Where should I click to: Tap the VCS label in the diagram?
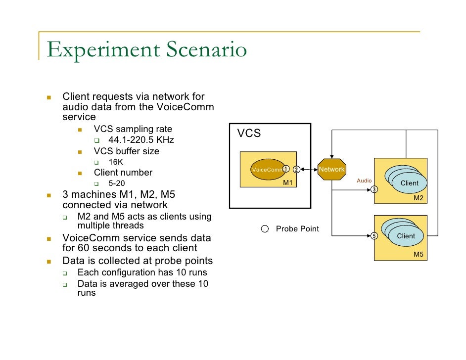[x=249, y=134]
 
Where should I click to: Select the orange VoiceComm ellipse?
[x=268, y=170]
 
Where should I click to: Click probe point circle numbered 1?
[x=286, y=169]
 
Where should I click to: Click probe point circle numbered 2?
[x=296, y=170]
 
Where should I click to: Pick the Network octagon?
[x=331, y=169]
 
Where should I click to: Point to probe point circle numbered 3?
[x=374, y=189]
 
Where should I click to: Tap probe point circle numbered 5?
[x=374, y=236]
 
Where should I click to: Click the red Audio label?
[x=364, y=180]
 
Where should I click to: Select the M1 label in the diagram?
[x=288, y=182]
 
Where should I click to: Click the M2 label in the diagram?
[x=419, y=198]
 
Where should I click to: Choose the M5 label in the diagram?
[x=419, y=254]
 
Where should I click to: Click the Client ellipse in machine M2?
[x=409, y=183]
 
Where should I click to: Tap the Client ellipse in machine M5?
[x=406, y=236]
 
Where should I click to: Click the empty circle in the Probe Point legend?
[x=265, y=228]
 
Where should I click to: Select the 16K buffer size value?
[x=116, y=162]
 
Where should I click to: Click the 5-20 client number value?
[x=117, y=183]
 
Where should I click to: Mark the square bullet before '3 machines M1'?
[x=49, y=195]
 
